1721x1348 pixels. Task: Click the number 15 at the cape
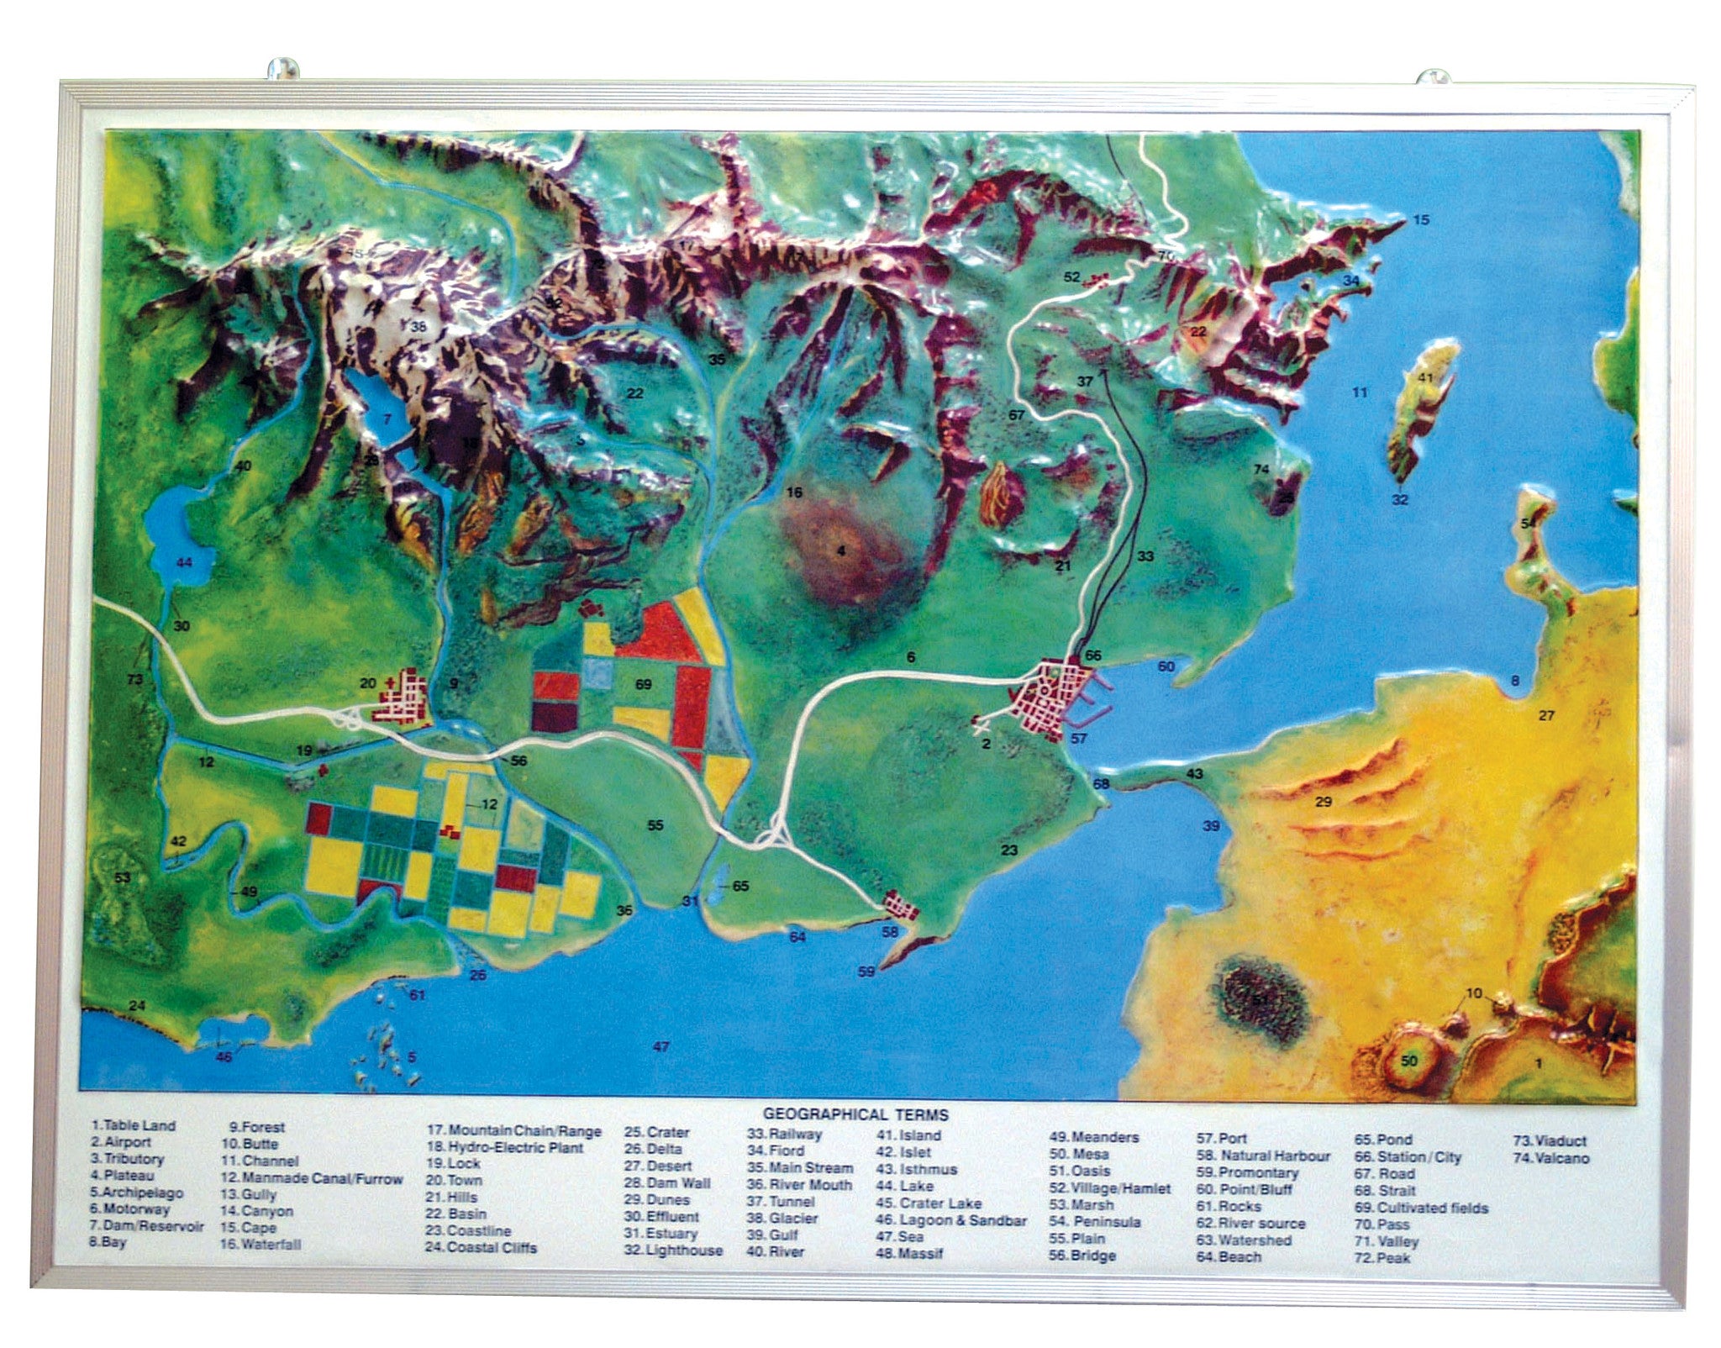[1421, 220]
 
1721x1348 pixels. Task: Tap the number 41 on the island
[1425, 378]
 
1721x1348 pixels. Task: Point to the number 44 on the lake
[184, 562]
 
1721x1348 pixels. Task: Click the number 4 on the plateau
[839, 551]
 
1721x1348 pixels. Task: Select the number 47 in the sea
[661, 1046]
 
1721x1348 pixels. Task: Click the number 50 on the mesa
[1409, 1061]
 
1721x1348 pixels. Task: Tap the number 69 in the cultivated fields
[643, 685]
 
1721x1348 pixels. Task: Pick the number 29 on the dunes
[1324, 802]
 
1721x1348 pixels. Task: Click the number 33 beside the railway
[1145, 556]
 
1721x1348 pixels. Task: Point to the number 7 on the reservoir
[387, 418]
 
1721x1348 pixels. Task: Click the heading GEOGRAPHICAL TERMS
[855, 1115]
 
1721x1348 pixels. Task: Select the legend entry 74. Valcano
[1551, 1158]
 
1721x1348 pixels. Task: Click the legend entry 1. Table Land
[134, 1125]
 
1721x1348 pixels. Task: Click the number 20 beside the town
[367, 683]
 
